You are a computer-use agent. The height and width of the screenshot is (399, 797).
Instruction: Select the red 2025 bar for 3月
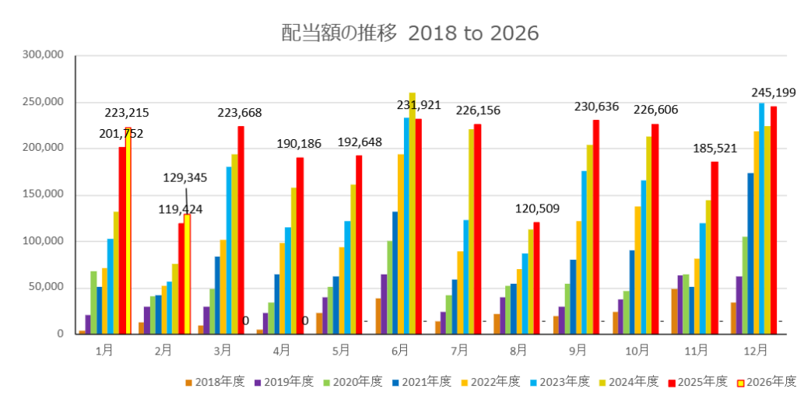pyautogui.click(x=241, y=230)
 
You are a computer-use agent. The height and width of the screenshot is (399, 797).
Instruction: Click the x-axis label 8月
pyautogui.click(x=518, y=351)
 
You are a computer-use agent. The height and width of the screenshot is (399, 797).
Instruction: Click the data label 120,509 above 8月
pyautogui.click(x=537, y=209)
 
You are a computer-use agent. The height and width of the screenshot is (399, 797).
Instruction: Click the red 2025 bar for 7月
pyautogui.click(x=478, y=229)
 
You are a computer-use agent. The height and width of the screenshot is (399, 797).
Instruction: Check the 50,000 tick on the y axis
pyautogui.click(x=46, y=287)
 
